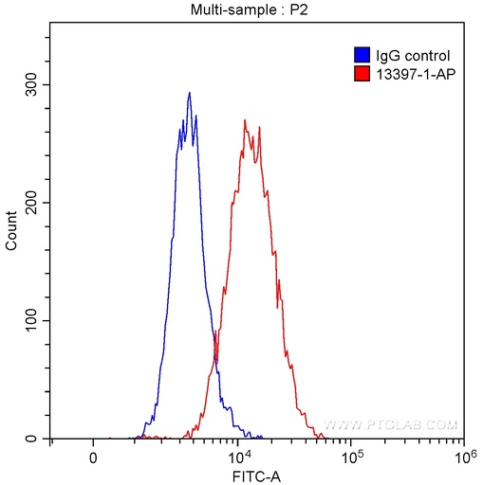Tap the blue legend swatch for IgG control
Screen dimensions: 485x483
click(x=361, y=55)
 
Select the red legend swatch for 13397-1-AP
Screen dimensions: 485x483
click(x=361, y=72)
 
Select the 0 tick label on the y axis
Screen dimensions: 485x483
click(x=39, y=439)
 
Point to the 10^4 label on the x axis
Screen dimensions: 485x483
click(x=238, y=456)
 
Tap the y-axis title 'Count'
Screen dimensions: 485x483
click(x=11, y=232)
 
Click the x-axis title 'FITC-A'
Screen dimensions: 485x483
click(x=256, y=475)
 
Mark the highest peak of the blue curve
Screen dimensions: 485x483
click(x=190, y=93)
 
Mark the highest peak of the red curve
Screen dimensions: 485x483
click(x=245, y=120)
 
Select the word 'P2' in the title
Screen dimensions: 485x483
click(x=297, y=9)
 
